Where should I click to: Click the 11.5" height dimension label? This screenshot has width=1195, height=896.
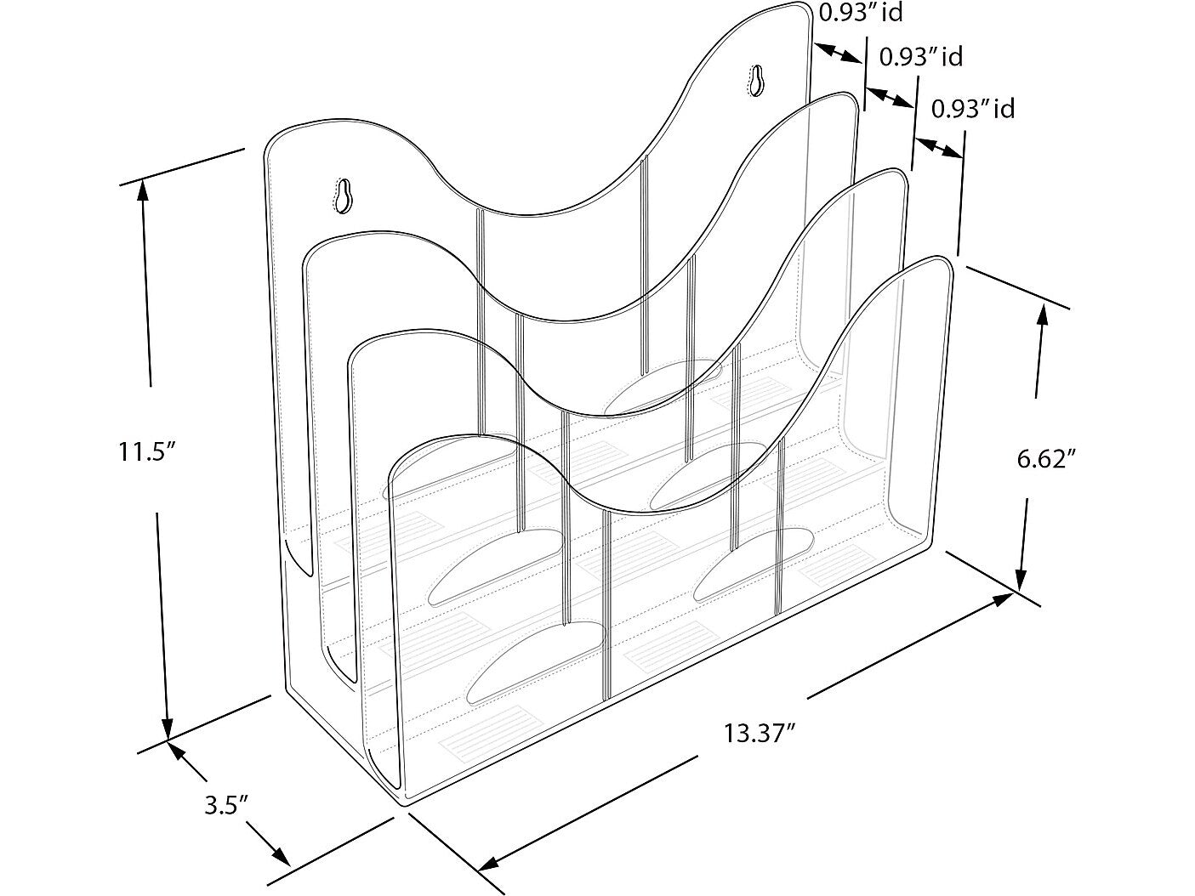click(149, 451)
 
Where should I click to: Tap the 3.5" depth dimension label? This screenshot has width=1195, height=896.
click(227, 805)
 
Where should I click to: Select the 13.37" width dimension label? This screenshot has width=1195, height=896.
click(760, 732)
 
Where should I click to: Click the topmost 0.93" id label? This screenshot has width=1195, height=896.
click(861, 12)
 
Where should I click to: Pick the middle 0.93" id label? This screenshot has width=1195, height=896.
click(921, 57)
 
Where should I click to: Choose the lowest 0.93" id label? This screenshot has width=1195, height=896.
click(973, 109)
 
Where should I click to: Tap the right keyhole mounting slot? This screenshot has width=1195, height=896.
click(757, 80)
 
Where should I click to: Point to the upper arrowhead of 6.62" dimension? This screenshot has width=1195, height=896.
click(1043, 315)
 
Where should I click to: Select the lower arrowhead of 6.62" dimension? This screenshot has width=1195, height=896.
click(1021, 579)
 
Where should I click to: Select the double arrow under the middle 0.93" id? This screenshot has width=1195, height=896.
click(890, 97)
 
